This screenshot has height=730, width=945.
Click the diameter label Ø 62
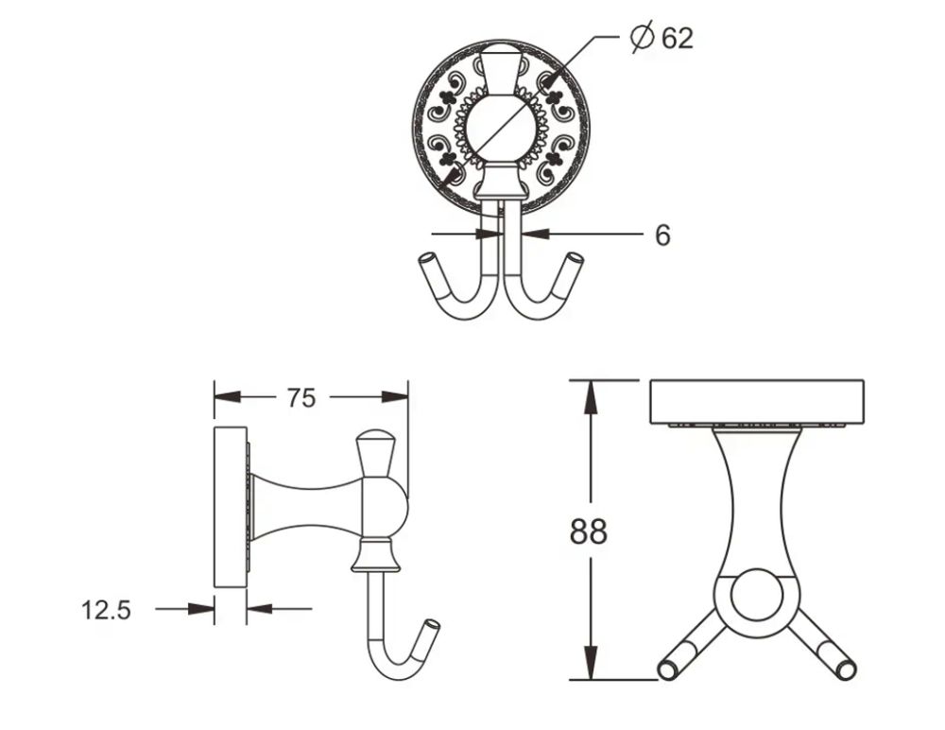point(661,38)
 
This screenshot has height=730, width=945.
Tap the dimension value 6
point(662,235)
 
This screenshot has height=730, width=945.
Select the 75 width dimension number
point(301,398)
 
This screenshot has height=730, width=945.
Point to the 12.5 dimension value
point(106,610)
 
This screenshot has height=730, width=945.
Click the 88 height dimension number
point(588,532)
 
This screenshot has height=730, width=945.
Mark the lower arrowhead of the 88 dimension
point(591,666)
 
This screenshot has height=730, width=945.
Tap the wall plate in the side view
point(230,506)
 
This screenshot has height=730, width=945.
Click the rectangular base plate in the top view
point(757,401)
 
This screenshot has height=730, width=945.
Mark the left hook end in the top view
point(667,669)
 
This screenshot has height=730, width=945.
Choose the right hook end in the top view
point(846,669)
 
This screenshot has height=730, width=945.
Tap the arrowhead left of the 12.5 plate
point(203,609)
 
